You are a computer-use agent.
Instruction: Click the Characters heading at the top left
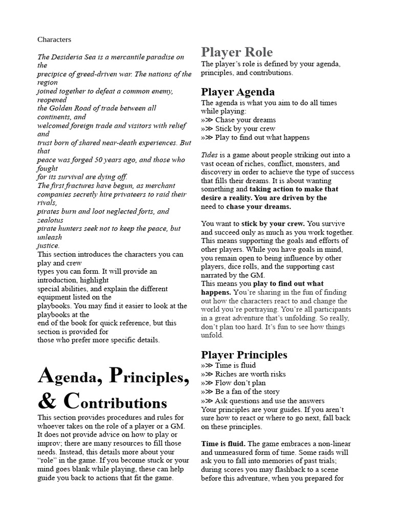54,39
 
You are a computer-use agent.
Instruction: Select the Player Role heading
236,52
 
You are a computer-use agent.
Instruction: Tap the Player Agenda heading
237,92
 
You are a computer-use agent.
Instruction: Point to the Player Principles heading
244,355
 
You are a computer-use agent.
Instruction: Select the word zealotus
51,220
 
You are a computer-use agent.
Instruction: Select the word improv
49,444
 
